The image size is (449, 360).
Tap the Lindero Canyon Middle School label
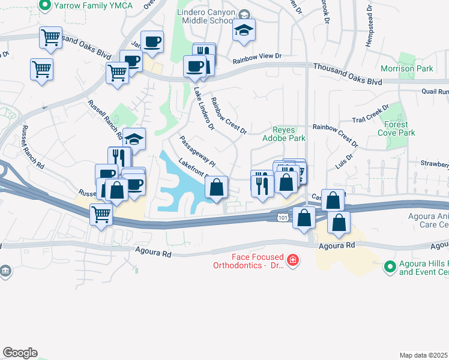tap(206, 17)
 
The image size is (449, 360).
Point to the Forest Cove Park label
tap(400, 128)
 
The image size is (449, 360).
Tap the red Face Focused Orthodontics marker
tap(292, 260)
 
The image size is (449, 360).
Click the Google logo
tap(20, 353)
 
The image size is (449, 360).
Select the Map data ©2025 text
tap(424, 355)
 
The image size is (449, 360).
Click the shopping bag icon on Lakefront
tap(217, 187)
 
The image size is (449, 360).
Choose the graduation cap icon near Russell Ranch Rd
tap(134, 139)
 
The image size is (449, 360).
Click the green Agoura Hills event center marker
tap(390, 265)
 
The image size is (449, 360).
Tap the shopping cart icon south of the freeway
tap(101, 213)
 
